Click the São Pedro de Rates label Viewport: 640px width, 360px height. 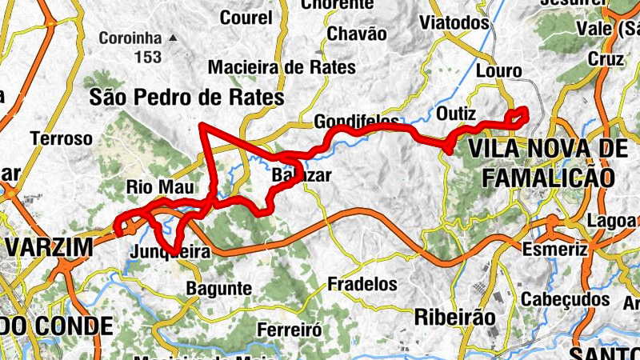pos(187,98)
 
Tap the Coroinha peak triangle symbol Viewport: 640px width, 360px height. pos(172,38)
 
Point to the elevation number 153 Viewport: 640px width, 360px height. pos(147,57)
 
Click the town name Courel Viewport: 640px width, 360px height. pos(246,18)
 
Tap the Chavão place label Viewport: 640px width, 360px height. pos(358,34)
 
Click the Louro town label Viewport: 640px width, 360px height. pos(498,71)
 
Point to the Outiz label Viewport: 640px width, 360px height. pos(457,111)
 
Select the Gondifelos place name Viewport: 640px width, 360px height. pos(357,122)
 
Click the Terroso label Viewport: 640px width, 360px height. pos(62,138)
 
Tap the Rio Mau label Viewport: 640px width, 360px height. pos(161,188)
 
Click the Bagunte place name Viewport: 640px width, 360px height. pos(218,288)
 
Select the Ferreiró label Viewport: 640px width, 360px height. pos(290,329)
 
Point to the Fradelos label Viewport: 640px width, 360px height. pos(362,284)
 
